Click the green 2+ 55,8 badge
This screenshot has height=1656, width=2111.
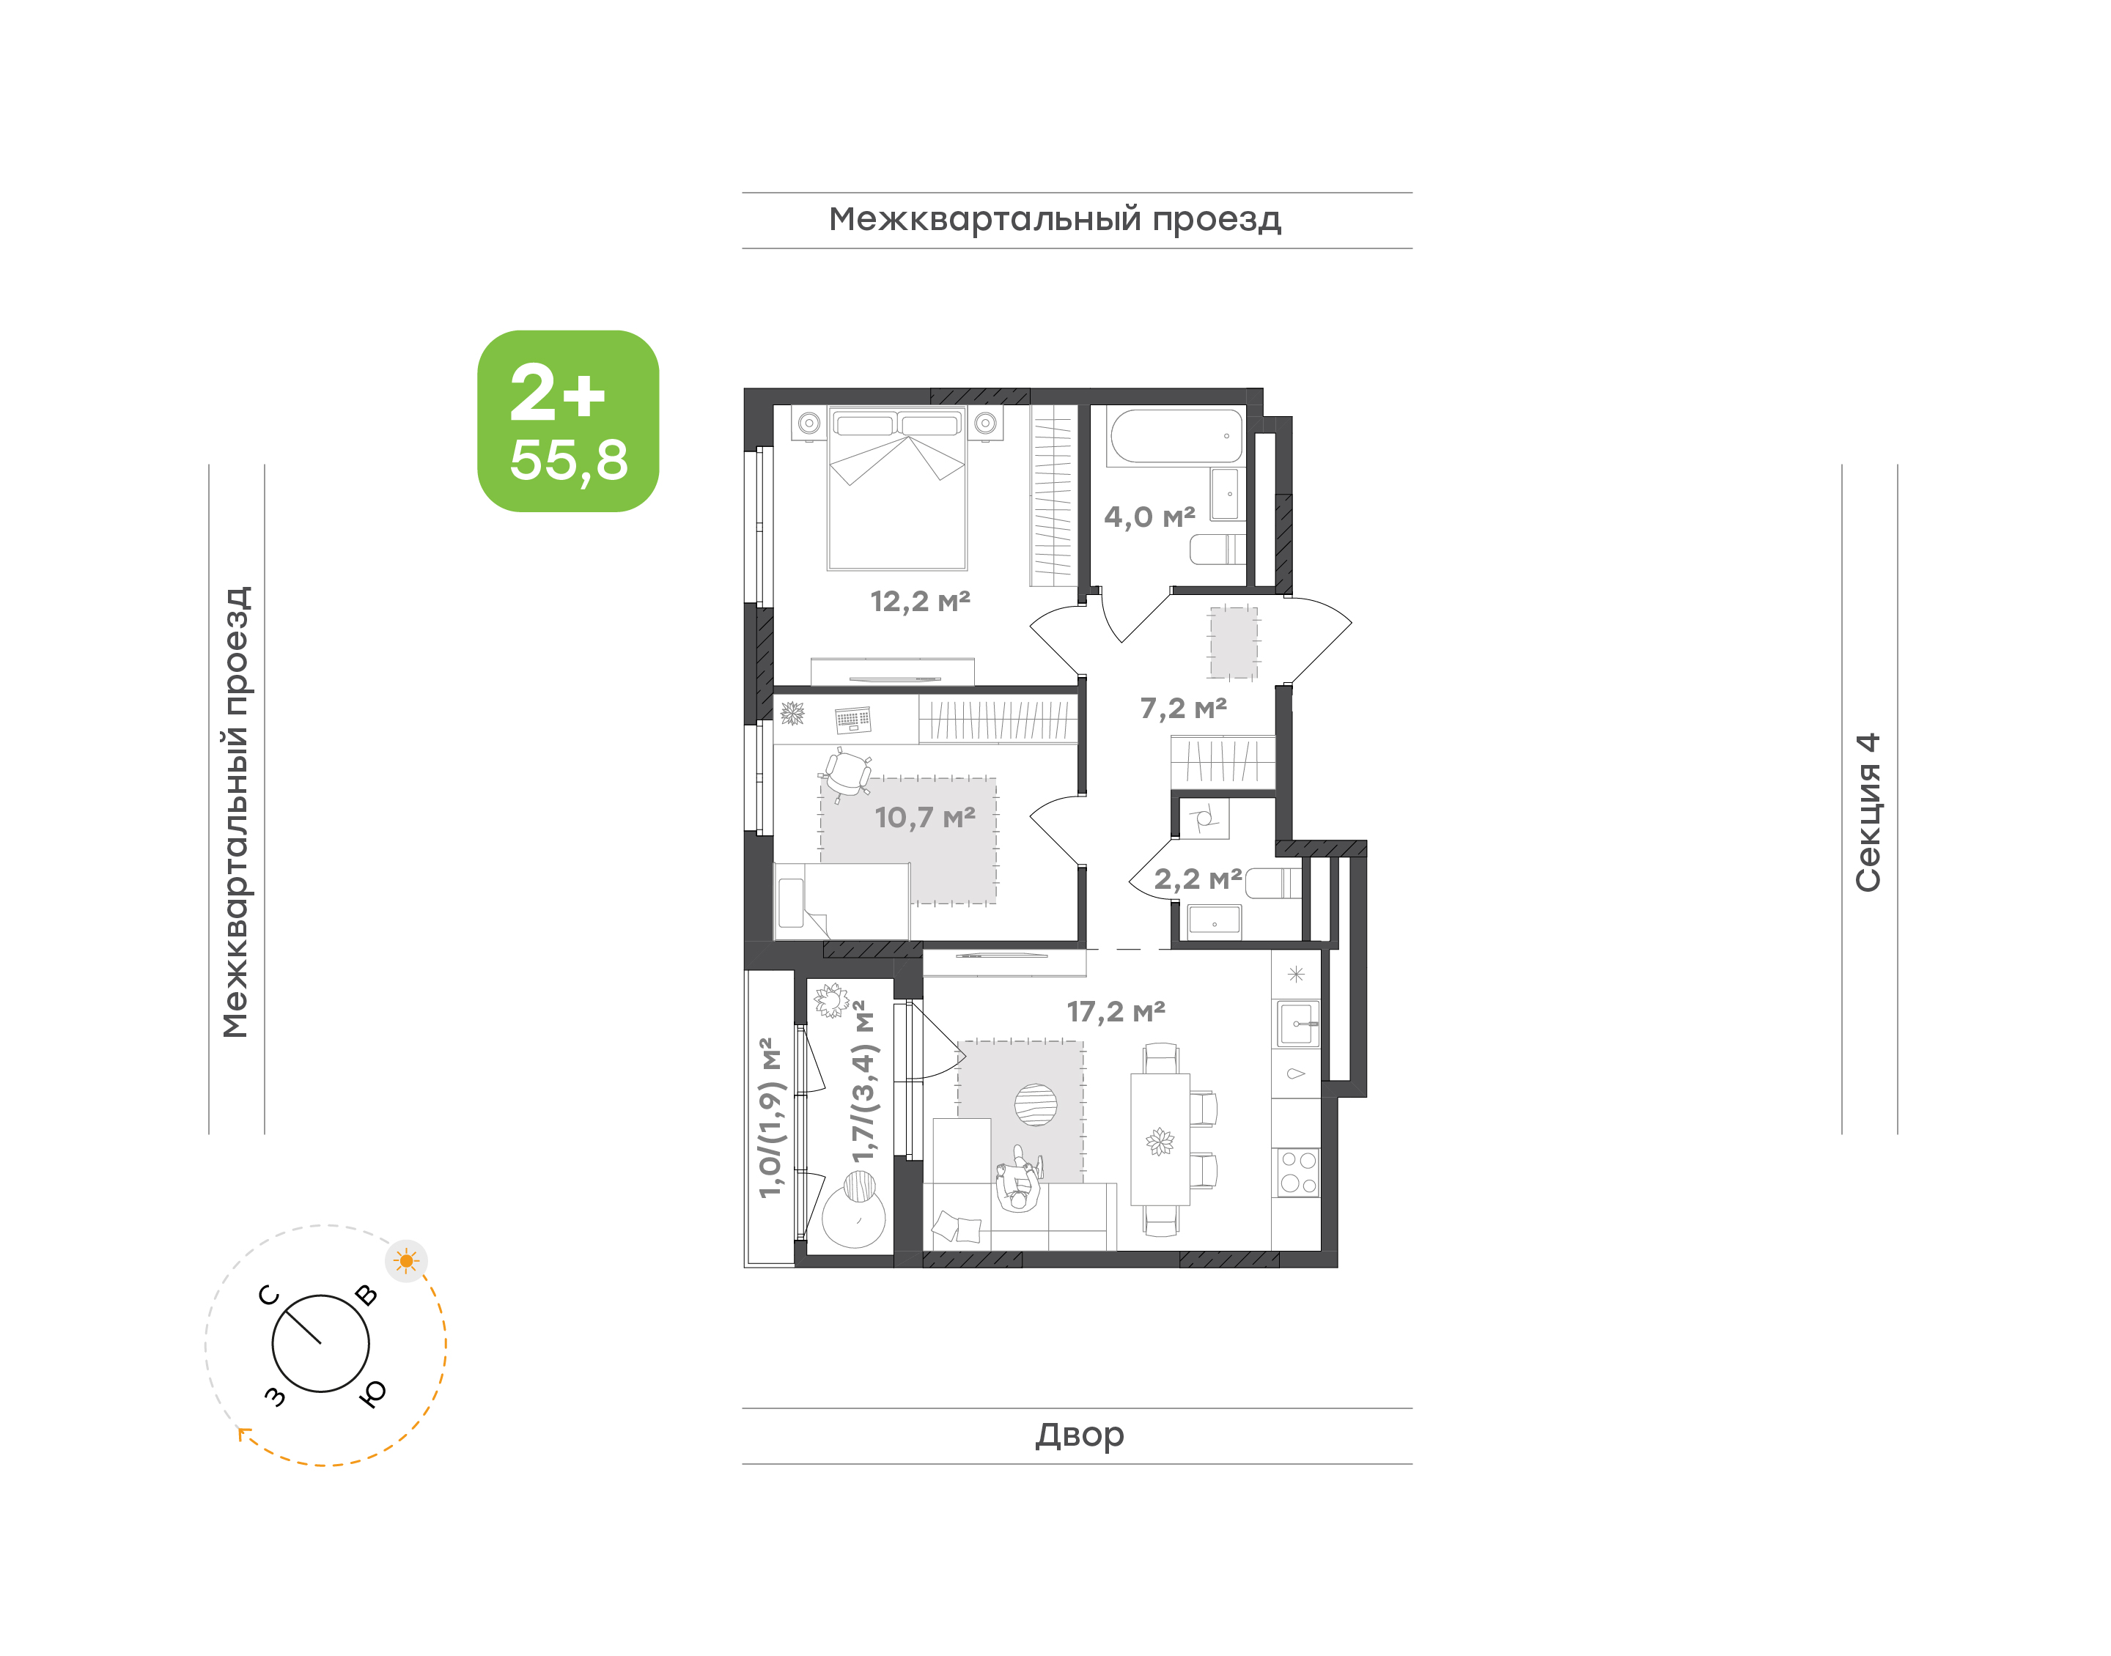(567, 421)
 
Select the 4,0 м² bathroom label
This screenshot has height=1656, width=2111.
(1149, 517)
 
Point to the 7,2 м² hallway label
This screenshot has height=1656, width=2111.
(1183, 709)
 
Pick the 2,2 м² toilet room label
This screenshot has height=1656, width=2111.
(1198, 879)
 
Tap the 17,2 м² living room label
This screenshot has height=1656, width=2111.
(1115, 1012)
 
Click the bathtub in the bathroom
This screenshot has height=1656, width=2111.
(1175, 436)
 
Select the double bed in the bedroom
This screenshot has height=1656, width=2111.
(897, 488)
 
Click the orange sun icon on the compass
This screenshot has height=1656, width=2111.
(406, 1261)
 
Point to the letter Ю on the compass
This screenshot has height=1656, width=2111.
(372, 1393)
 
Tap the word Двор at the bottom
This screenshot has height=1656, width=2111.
(1079, 1435)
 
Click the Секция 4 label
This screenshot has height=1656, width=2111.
(1868, 813)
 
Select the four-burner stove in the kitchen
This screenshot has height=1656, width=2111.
(1297, 1172)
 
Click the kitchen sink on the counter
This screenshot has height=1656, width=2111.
(1297, 1024)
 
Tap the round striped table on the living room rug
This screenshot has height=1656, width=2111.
(1036, 1104)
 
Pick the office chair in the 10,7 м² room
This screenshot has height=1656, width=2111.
(847, 774)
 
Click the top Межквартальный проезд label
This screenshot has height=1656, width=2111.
(1055, 220)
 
